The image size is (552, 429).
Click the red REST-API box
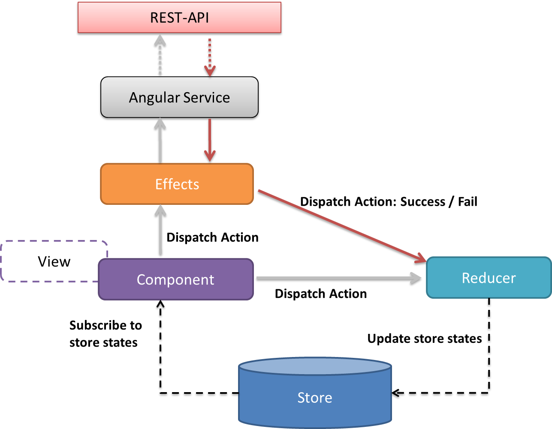tap(179, 18)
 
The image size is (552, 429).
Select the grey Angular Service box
tap(179, 97)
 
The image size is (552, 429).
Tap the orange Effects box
tap(177, 184)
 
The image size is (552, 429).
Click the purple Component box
tap(176, 279)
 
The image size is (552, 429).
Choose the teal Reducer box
tap(489, 278)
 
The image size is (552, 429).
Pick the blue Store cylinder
tap(315, 393)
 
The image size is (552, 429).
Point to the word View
tap(54, 261)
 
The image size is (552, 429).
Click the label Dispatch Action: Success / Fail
tap(389, 202)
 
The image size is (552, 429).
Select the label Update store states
tap(425, 339)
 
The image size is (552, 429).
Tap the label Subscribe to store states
tap(106, 334)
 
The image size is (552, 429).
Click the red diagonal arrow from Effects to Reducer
tap(342, 226)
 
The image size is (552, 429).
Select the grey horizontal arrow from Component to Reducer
tap(339, 278)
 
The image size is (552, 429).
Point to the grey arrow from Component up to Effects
tap(160, 230)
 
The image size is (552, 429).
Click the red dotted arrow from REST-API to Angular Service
tap(210, 57)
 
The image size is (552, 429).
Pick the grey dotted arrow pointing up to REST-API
tap(160, 55)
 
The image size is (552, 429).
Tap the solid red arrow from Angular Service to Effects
tap(210, 140)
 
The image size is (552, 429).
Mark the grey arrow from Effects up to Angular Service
tap(160, 141)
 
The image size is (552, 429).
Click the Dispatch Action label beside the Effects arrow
tap(213, 237)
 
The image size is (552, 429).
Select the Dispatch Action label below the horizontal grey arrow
tap(321, 294)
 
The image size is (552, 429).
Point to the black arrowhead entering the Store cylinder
tap(396, 393)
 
